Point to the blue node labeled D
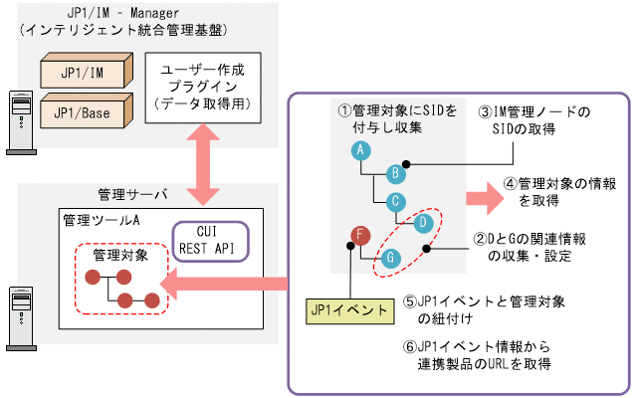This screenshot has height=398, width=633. point(423,221)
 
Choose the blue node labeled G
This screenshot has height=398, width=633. point(391,257)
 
